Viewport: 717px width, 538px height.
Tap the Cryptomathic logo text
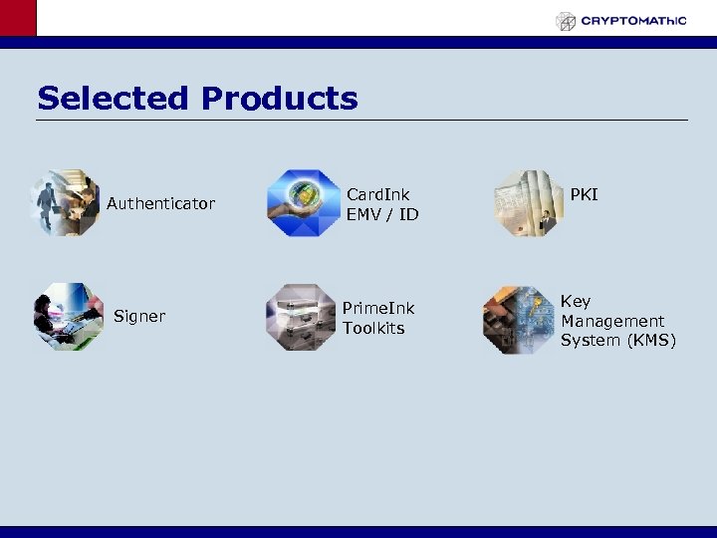coord(633,20)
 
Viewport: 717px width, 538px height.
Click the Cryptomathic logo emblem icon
coord(566,21)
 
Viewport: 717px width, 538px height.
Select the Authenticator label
coord(160,204)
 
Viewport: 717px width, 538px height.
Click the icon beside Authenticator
coord(65,203)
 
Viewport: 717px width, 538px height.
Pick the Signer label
coord(139,317)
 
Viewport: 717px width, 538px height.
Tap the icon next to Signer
coord(67,317)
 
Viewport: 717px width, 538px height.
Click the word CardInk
coord(377,194)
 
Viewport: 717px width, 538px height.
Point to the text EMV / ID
coord(382,214)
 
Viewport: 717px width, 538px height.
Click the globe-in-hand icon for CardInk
coord(304,203)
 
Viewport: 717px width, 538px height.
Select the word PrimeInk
coord(378,308)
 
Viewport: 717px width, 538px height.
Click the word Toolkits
coord(373,328)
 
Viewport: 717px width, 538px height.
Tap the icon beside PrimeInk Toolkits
coord(302,317)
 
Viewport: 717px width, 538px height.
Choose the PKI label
coord(584,194)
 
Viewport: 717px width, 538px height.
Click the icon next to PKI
coord(528,203)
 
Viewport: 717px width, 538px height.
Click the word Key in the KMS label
coord(575,301)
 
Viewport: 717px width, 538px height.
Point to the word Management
coord(611,321)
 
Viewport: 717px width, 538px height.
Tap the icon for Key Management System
coord(517,321)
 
